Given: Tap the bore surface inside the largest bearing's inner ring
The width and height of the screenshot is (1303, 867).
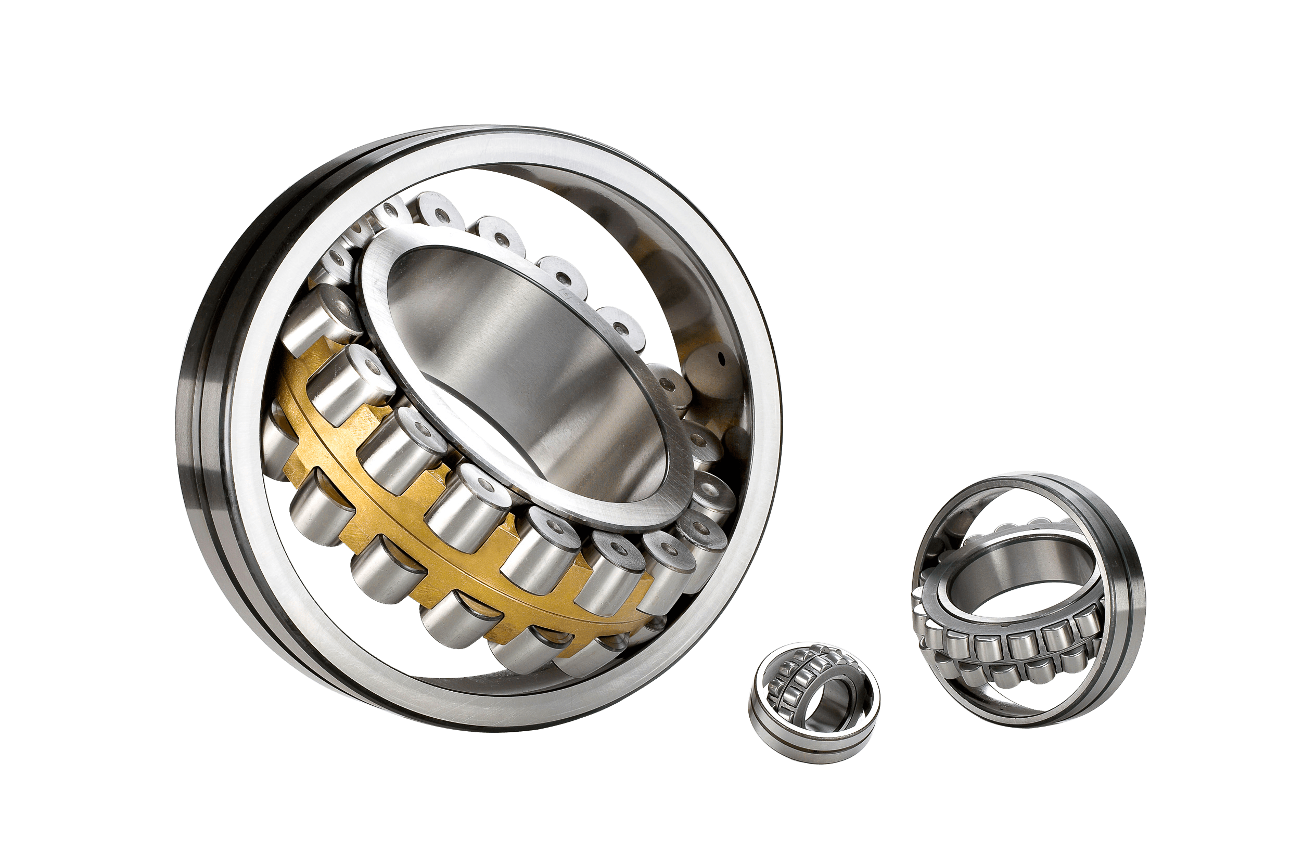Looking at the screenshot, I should click(531, 354).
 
